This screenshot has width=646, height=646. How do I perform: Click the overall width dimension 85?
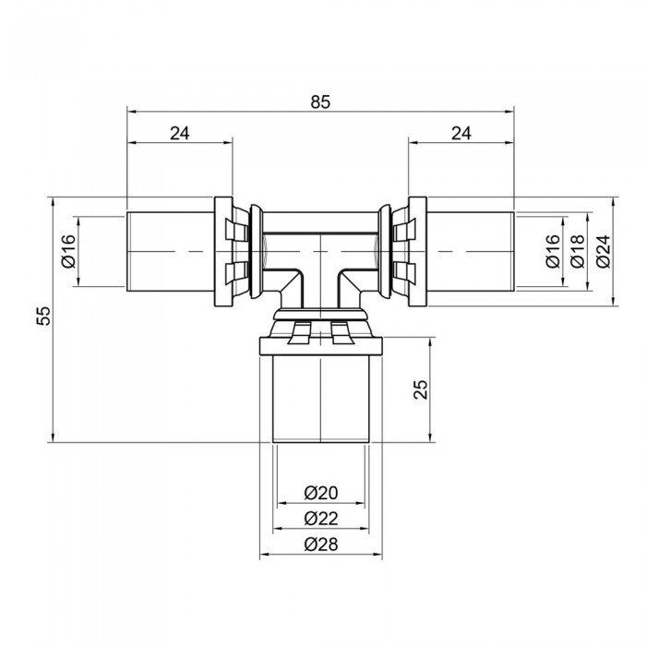click(319, 102)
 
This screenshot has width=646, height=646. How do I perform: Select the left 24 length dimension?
click(180, 133)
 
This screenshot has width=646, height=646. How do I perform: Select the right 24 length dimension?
click(461, 133)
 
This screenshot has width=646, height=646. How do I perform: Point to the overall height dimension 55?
click(42, 317)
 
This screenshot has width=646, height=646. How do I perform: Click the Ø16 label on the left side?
click(68, 251)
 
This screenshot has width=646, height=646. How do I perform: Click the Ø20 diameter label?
click(320, 494)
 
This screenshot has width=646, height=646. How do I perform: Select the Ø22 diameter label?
click(320, 519)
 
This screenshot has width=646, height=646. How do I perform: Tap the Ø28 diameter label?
click(320, 544)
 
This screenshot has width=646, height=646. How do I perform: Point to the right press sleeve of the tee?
click(471, 251)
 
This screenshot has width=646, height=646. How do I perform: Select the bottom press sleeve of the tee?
click(320, 397)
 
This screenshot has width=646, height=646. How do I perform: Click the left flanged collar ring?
click(223, 251)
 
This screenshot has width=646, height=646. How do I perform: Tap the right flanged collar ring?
click(417, 251)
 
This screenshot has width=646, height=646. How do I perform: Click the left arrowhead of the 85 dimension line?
click(132, 112)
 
